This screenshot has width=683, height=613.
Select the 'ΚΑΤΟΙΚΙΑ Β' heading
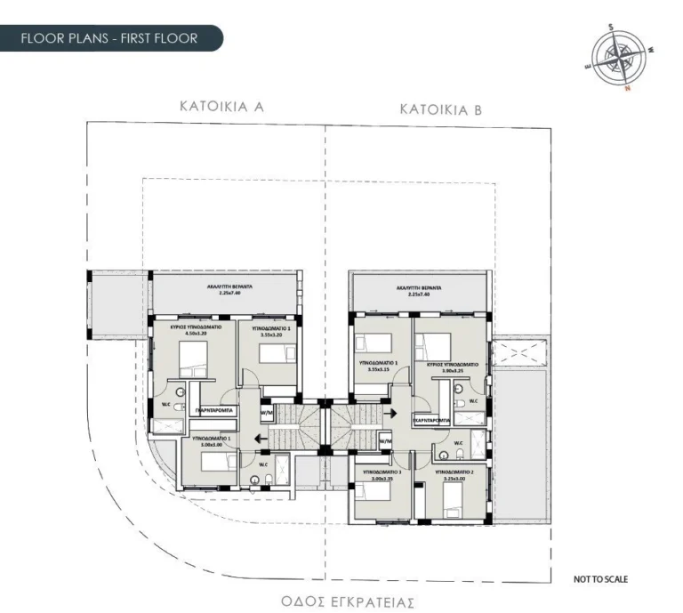tap(441, 110)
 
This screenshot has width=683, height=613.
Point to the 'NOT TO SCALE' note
tap(601, 579)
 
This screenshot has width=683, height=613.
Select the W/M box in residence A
tap(266, 414)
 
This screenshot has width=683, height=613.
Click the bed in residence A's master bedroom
tap(193, 359)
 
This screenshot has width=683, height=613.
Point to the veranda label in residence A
tap(220, 288)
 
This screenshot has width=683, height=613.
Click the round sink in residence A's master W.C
tap(181, 391)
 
